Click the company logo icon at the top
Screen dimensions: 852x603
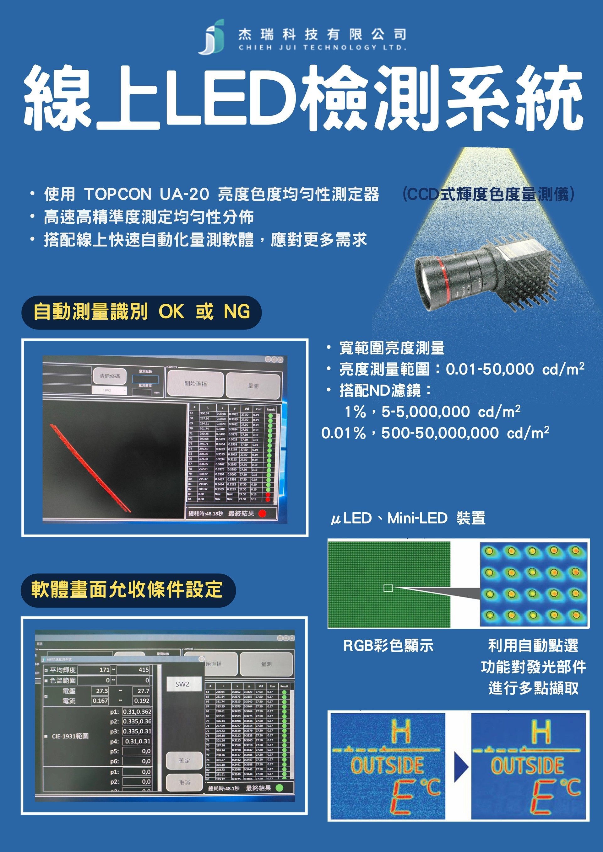(212, 36)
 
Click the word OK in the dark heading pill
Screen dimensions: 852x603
(171, 312)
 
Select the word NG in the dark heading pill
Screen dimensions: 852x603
(237, 312)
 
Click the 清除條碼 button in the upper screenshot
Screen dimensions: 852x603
(110, 376)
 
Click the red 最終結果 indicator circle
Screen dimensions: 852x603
(262, 514)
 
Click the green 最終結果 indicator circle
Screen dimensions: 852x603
(280, 788)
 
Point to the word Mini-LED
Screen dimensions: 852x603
(417, 518)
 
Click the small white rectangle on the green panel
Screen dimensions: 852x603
(388, 588)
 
